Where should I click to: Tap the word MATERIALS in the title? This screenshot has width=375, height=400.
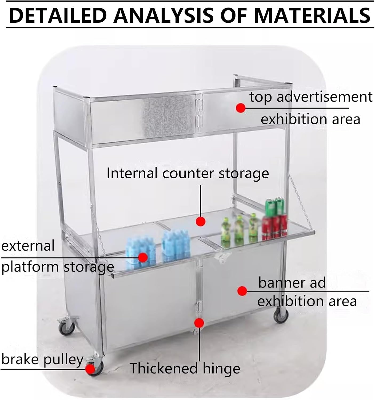[x=312, y=15]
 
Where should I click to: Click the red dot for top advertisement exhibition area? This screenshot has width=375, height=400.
[x=241, y=108]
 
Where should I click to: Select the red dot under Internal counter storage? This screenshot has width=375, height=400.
[x=200, y=221]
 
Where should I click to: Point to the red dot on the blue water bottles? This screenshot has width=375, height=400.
[x=143, y=257]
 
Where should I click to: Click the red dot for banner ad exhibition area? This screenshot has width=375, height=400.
[x=242, y=291]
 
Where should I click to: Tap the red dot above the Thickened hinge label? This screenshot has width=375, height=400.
[x=199, y=323]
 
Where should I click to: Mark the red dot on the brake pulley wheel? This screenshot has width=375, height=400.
[x=90, y=369]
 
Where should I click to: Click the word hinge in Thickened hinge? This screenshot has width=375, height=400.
[x=221, y=369]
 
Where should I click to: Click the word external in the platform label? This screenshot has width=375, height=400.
[x=28, y=246]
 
